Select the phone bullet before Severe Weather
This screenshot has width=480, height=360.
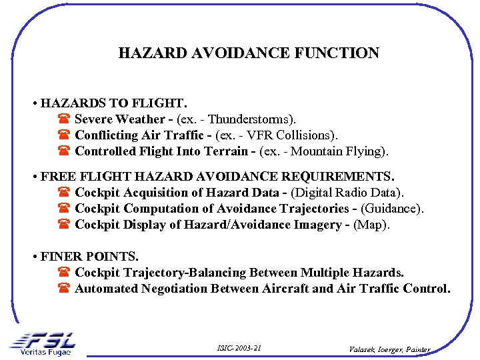click(64, 120)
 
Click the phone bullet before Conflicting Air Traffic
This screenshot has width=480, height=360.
click(64, 136)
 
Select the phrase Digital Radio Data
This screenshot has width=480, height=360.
click(347, 193)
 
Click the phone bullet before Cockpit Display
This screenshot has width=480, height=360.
click(64, 225)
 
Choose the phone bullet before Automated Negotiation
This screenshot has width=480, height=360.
click(64, 289)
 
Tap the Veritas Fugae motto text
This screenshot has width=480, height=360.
click(45, 352)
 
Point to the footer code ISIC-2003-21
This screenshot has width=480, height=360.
click(239, 348)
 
